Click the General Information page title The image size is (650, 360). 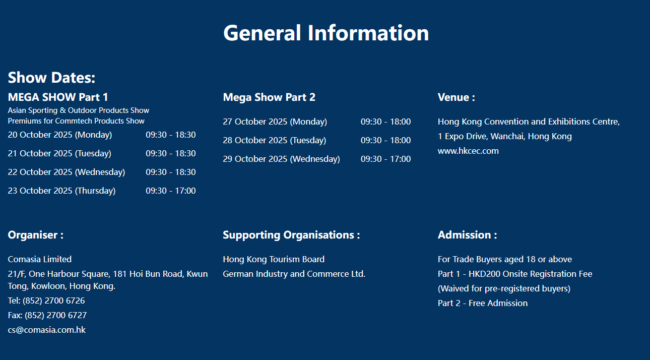[326, 33]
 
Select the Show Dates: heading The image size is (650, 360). [51, 78]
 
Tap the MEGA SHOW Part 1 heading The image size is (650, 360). [58, 97]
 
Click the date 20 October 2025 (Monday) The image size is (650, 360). [60, 135]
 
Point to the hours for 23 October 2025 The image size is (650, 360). [171, 191]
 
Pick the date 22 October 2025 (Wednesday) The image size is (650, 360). [67, 172]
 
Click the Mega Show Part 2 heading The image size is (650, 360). [269, 97]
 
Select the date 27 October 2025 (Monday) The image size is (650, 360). [275, 122]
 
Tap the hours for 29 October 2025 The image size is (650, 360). [385, 159]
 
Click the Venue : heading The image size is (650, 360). [456, 97]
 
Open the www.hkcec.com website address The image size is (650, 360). [468, 151]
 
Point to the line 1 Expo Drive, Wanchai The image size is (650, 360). [504, 137]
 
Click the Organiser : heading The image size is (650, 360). [36, 235]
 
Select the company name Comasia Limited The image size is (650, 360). [40, 260]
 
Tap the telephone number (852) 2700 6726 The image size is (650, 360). [53, 301]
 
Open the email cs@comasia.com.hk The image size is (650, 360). [47, 330]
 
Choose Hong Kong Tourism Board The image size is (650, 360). [274, 260]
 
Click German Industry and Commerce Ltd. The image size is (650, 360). [294, 274]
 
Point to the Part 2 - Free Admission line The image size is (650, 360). [483, 304]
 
